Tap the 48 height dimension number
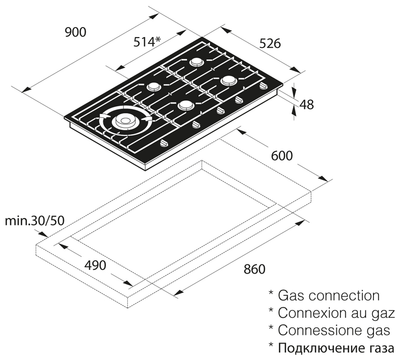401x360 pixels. [307, 105]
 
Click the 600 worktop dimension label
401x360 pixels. [281, 156]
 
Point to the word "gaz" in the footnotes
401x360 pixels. [383, 313]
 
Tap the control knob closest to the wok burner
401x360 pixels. [164, 144]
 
